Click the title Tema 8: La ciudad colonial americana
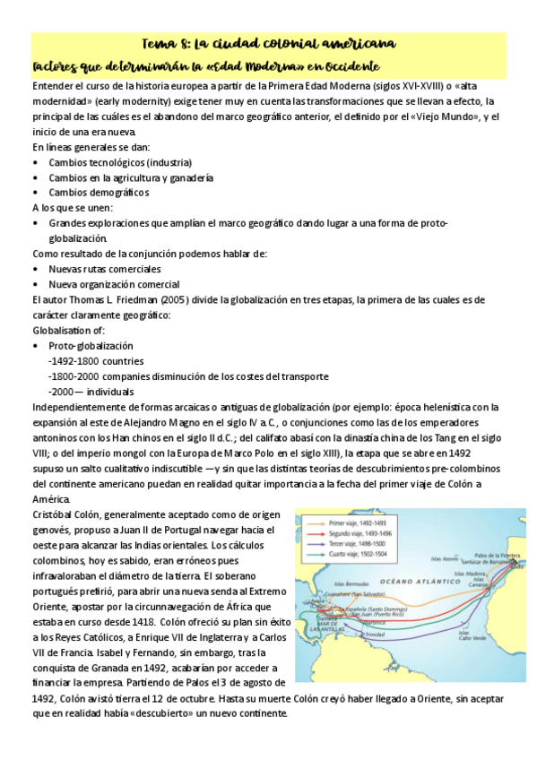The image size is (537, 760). point(269,44)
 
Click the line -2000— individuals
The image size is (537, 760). point(91,392)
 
